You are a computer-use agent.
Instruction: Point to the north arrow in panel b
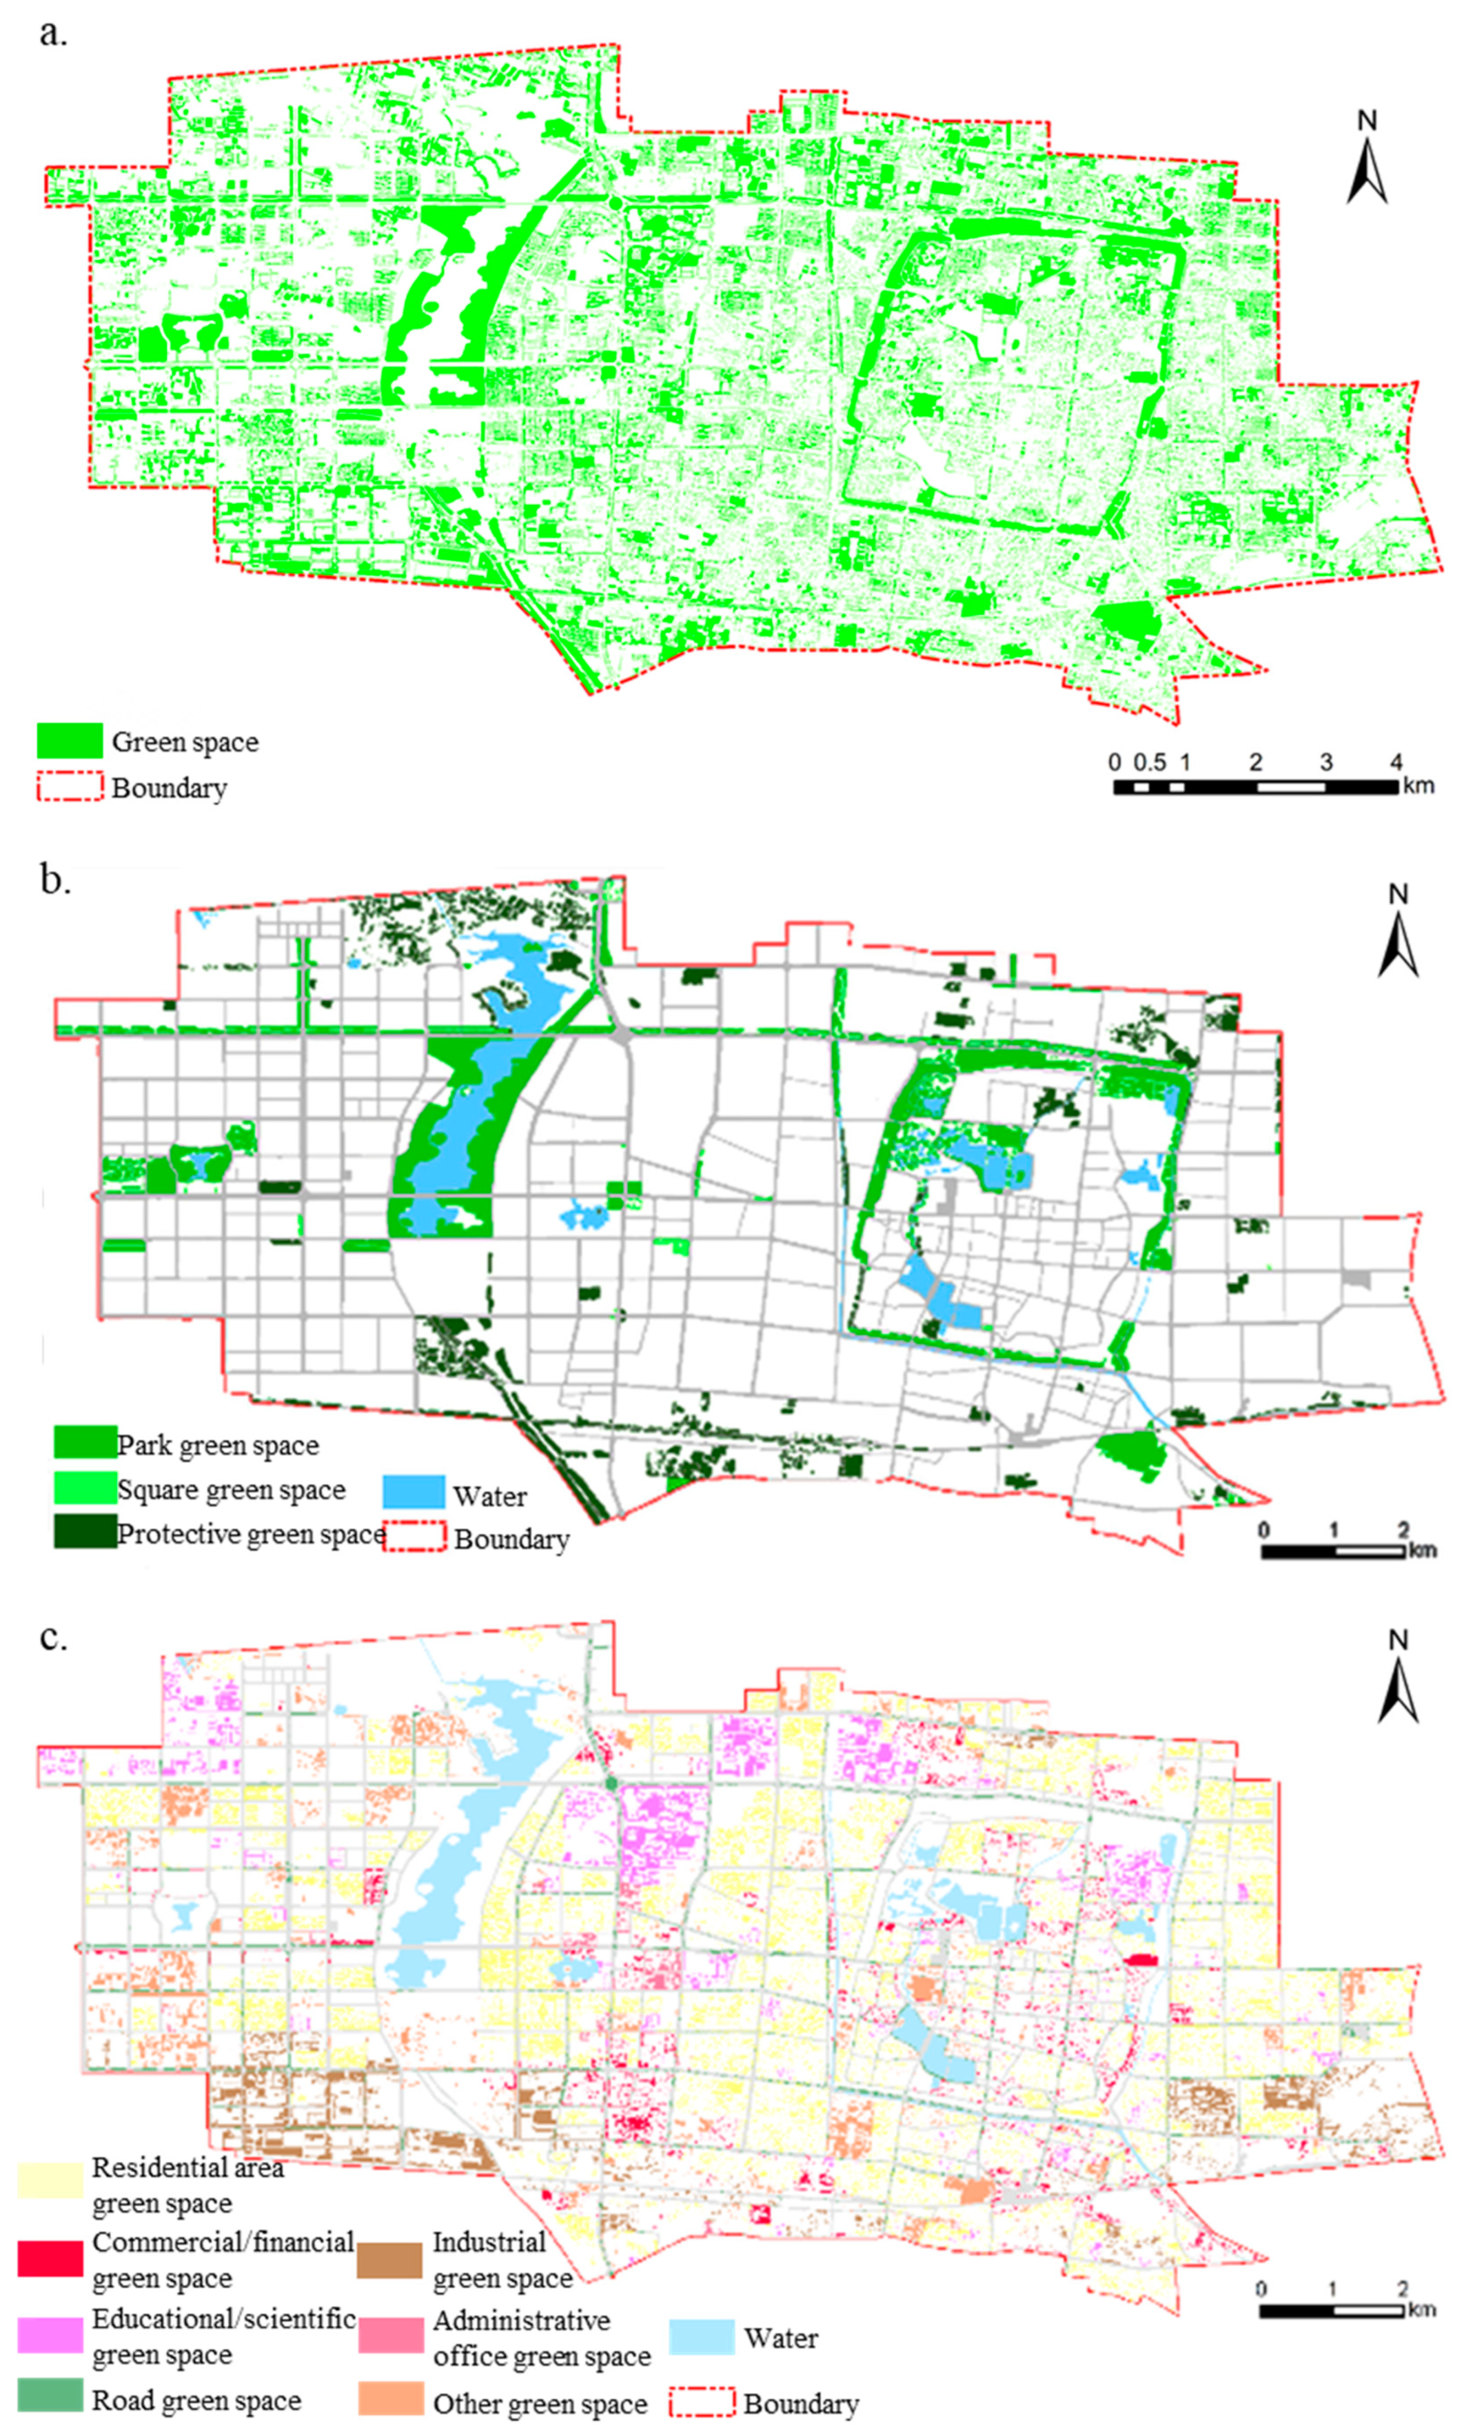(1398, 933)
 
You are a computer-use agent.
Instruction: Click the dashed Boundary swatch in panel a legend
(70, 787)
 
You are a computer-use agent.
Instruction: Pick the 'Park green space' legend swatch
(85, 1443)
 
